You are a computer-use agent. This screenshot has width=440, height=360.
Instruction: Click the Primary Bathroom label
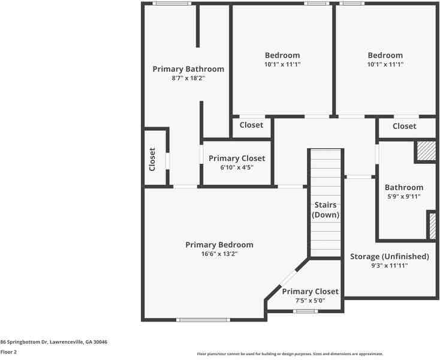click(188, 69)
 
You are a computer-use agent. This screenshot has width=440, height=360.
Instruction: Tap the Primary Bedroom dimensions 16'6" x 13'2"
click(219, 254)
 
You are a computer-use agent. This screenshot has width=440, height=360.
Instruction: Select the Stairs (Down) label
click(326, 210)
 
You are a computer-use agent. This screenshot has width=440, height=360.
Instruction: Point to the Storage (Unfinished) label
click(390, 257)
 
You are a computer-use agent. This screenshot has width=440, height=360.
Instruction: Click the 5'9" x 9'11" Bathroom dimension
click(403, 196)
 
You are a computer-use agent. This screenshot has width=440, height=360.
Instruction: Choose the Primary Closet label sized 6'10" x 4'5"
click(237, 158)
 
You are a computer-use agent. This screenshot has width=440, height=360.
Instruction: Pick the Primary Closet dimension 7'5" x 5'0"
click(311, 301)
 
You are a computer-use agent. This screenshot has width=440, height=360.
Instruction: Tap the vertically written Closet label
click(152, 159)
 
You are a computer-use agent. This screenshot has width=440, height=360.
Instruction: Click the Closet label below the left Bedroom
click(251, 125)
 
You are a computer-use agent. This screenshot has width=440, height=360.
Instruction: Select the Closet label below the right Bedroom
click(405, 126)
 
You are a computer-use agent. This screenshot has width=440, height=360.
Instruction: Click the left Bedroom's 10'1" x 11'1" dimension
click(282, 64)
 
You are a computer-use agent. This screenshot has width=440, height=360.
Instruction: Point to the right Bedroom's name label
click(385, 55)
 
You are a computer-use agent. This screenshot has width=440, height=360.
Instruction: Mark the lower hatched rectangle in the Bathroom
click(432, 226)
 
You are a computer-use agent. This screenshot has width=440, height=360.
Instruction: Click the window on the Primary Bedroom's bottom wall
click(204, 320)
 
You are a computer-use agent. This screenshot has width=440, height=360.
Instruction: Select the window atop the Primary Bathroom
click(171, 4)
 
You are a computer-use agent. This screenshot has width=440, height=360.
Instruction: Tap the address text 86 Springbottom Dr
click(54, 342)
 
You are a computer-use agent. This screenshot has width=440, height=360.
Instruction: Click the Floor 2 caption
click(8, 352)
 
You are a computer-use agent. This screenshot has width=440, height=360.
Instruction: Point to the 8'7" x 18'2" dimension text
click(188, 78)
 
